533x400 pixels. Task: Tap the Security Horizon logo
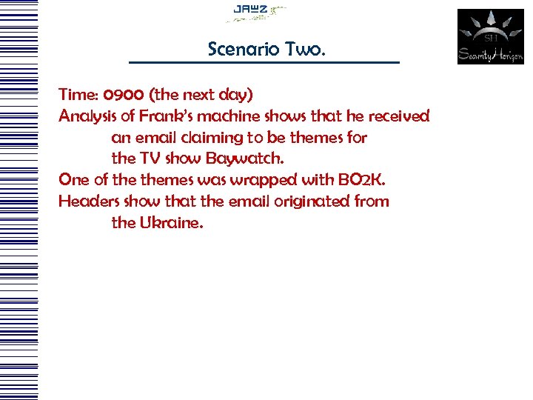pos(490,36)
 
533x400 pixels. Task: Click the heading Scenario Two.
pos(266,50)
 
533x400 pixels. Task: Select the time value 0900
pos(124,95)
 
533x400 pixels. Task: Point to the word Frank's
pos(170,116)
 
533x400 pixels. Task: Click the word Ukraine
pos(170,222)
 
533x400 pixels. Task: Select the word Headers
pos(89,201)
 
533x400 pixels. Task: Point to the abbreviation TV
pos(150,159)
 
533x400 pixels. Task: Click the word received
pos(398,116)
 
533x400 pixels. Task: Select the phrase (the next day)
pos(201,95)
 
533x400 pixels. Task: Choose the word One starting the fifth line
pos(73,180)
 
